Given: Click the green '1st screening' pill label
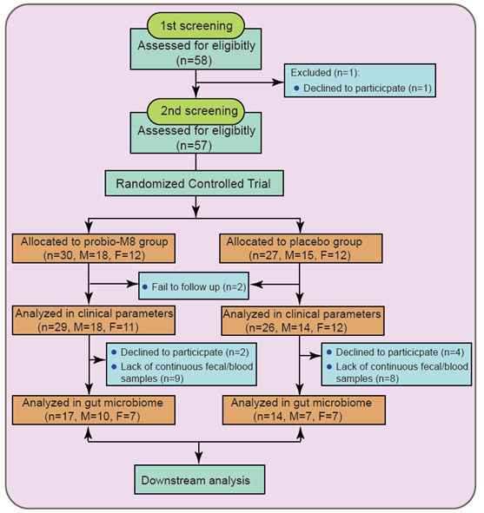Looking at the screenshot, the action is pyautogui.click(x=196, y=25).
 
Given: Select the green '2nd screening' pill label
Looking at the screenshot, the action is pyautogui.click(x=196, y=111).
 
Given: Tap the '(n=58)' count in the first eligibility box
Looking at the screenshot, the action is pyautogui.click(x=194, y=61).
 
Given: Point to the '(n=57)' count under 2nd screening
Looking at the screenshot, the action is pyautogui.click(x=194, y=146).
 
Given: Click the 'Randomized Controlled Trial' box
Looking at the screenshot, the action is pyautogui.click(x=194, y=183).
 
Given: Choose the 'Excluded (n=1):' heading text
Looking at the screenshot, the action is pyautogui.click(x=325, y=72).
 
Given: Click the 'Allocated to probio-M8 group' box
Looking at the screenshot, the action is pyautogui.click(x=94, y=248).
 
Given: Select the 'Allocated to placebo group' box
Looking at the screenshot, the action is pyautogui.click(x=301, y=248).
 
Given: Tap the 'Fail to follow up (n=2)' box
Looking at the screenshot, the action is pyautogui.click(x=194, y=286).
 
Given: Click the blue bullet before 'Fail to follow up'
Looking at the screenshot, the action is pyautogui.click(x=145, y=287).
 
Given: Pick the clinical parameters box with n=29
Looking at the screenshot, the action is pyautogui.click(x=94, y=320).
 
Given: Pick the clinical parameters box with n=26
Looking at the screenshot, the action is pyautogui.click(x=302, y=321).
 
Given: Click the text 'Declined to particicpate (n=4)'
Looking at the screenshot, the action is pyautogui.click(x=400, y=352).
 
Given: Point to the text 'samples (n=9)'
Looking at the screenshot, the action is pyautogui.click(x=152, y=378).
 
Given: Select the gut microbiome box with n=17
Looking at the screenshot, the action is pyautogui.click(x=94, y=410).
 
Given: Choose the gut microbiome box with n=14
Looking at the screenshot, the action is pyautogui.click(x=304, y=410).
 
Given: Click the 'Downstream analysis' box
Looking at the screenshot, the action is pyautogui.click(x=200, y=480).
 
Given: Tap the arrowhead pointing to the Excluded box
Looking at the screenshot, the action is pyautogui.click(x=278, y=82).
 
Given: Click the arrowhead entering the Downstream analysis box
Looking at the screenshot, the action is pyautogui.click(x=199, y=458).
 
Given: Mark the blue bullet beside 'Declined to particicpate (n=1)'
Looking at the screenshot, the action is pyautogui.click(x=296, y=88).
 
